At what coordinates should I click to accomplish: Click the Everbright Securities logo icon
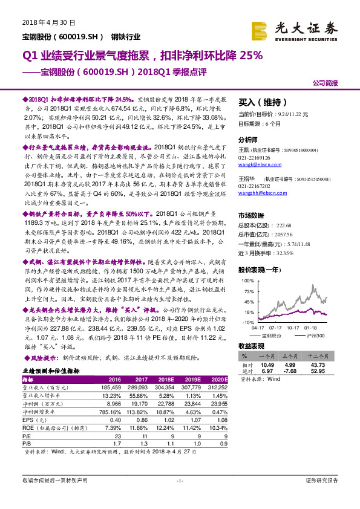[x=260, y=30]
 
